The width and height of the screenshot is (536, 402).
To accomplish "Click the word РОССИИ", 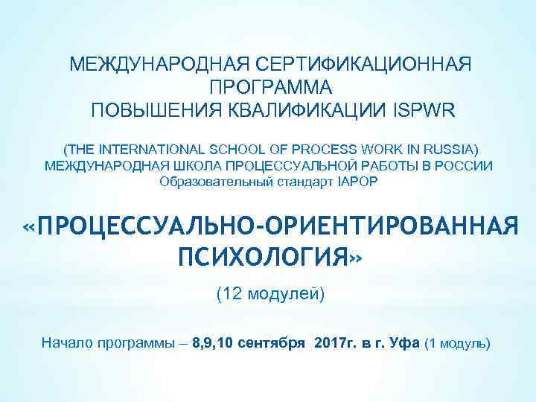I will pos(464,165).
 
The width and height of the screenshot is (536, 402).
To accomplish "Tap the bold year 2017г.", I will pos(335,343).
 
